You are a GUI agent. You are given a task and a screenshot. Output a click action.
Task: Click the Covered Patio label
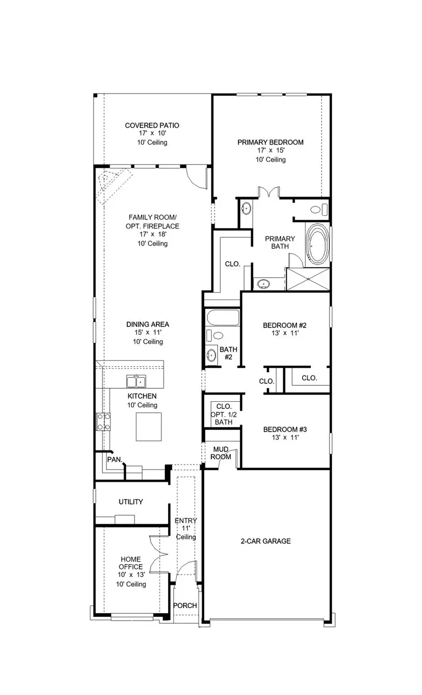[152, 125]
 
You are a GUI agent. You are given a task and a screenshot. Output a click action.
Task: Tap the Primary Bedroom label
[270, 142]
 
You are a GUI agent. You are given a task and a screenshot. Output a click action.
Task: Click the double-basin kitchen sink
[137, 382]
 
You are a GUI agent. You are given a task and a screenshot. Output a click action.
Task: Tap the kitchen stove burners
[103, 421]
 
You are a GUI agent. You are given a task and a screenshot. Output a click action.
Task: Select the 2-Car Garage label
[265, 541]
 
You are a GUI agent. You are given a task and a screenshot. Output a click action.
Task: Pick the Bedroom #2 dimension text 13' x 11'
[285, 334]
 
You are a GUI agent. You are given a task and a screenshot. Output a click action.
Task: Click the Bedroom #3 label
[285, 429]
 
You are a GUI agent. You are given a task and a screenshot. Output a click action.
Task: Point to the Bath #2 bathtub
[222, 318]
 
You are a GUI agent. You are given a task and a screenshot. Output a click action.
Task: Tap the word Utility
[131, 502]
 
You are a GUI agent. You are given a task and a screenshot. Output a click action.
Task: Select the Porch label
[185, 606]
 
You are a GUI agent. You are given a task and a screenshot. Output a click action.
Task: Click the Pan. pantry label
[114, 459]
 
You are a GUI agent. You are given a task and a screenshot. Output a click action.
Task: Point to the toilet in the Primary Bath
[317, 209]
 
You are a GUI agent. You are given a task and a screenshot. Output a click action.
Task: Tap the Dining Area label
[147, 324]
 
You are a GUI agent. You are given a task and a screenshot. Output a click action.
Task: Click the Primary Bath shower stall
[308, 279]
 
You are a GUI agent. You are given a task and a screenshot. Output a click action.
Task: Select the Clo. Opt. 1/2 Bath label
[223, 414]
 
